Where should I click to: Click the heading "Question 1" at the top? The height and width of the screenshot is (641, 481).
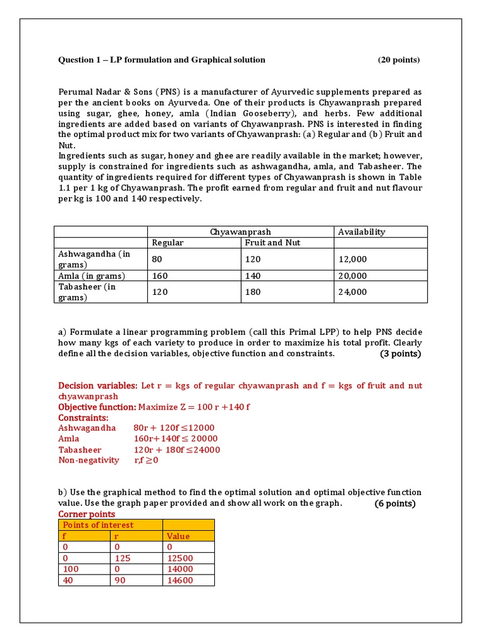(162, 60)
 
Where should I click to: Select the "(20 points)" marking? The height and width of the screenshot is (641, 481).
(398, 60)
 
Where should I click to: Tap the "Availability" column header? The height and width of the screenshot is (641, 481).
(361, 232)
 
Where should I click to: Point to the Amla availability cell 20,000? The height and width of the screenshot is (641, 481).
(352, 276)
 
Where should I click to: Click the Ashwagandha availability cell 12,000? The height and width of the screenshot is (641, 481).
(352, 259)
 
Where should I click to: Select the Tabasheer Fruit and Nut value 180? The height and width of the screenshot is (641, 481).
(253, 292)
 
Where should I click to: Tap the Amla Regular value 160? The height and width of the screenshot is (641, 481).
(160, 276)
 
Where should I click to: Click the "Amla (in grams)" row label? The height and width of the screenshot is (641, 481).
(91, 276)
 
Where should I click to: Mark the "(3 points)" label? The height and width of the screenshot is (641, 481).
(400, 354)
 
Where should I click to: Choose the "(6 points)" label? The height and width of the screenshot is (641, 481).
(395, 504)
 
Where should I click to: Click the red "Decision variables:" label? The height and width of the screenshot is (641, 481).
(97, 386)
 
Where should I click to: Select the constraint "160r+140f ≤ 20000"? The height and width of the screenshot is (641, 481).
(175, 439)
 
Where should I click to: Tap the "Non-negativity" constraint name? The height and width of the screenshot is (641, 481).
(88, 460)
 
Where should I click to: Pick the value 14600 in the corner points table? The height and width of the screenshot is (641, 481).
(180, 580)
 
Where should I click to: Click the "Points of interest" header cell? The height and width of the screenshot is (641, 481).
(97, 525)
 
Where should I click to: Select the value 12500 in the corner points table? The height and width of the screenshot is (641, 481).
(180, 558)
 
